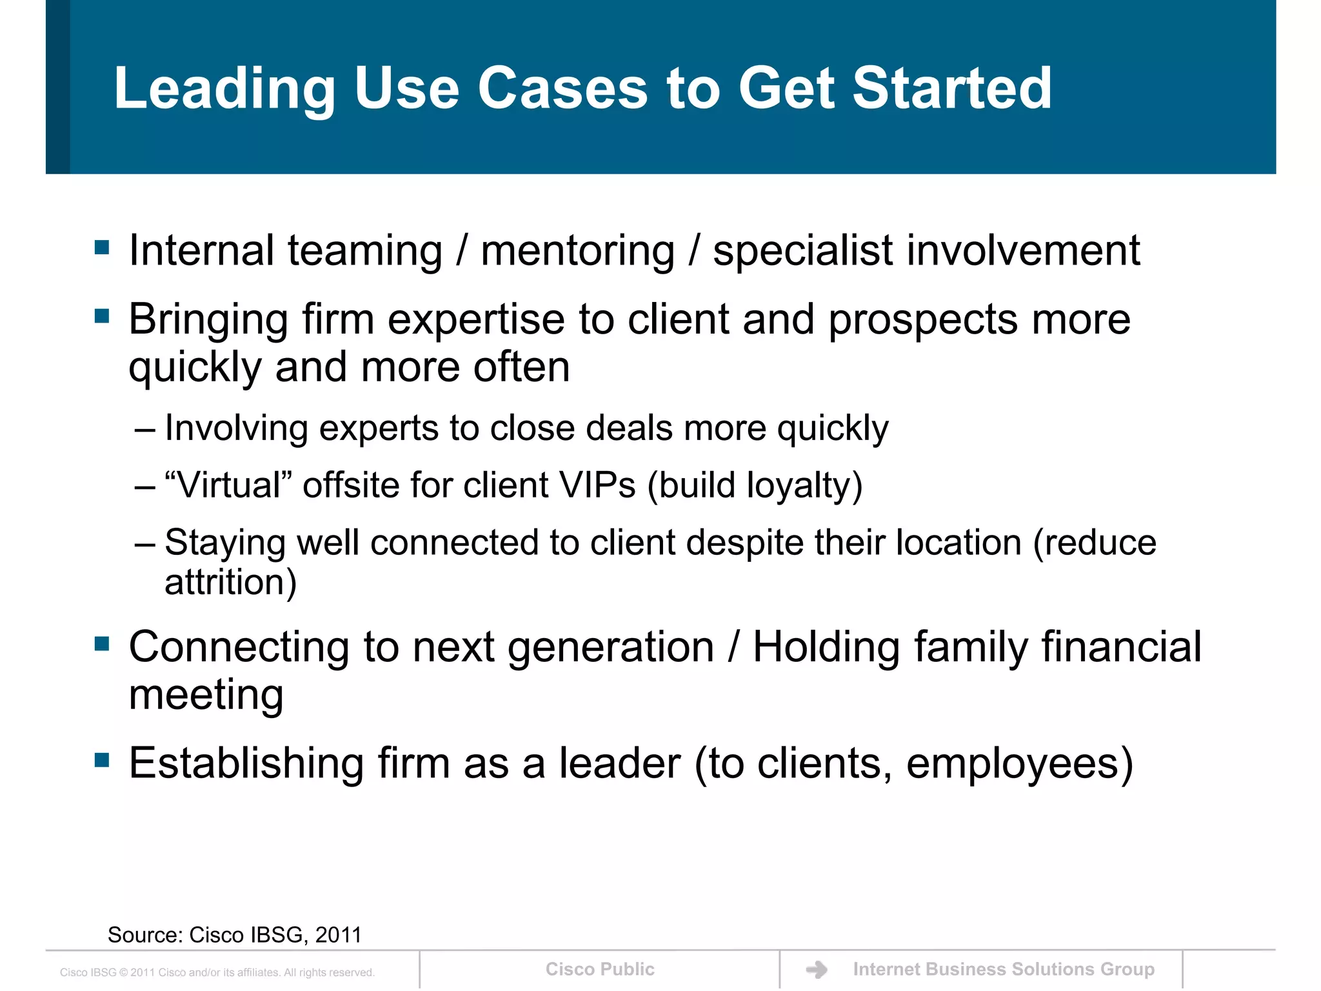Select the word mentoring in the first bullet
coord(578,251)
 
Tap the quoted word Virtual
coord(229,485)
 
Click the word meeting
coord(206,696)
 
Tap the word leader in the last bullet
coord(619,764)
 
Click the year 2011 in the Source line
coord(339,935)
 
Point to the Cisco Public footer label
coord(600,969)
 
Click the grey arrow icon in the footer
coord(817,970)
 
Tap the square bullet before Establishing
coord(102,759)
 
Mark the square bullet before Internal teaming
coord(102,247)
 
